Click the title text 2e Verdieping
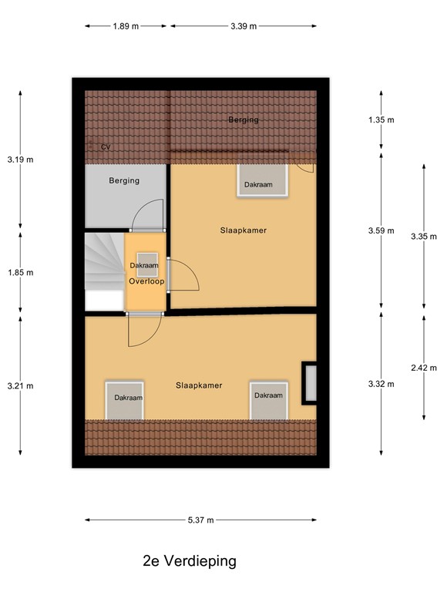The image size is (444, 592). point(189,560)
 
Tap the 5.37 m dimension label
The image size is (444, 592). point(200,520)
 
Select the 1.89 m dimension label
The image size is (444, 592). point(126,26)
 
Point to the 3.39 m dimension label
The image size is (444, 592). point(243,26)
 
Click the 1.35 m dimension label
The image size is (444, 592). point(381,119)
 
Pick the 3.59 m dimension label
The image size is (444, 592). point(381,230)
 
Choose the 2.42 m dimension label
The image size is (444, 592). point(422,368)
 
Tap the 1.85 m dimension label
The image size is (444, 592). point(20,272)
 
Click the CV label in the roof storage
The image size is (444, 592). point(106,146)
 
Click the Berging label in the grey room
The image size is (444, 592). point(124,181)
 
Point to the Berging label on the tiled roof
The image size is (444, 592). point(243,119)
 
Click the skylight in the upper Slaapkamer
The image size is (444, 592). point(263,181)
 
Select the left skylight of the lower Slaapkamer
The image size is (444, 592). point(124,399)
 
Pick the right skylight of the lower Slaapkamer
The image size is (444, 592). point(268,397)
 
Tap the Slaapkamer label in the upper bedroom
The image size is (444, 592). point(243,230)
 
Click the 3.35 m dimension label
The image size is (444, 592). point(422,237)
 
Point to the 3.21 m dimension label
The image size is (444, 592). point(20,385)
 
